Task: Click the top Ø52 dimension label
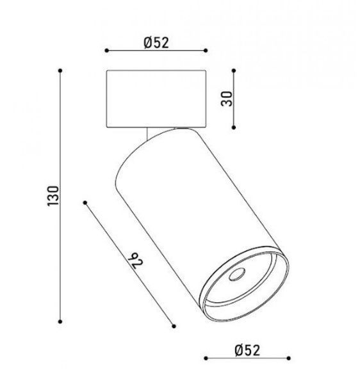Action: coord(156,43)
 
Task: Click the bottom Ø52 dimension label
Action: coord(247,350)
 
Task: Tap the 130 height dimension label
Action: coord(53,196)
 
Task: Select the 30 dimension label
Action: coord(226,99)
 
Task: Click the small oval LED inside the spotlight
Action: coord(237,275)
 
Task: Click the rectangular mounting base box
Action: coord(156,99)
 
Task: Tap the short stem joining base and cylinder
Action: coord(147,134)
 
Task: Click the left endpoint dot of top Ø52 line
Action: coord(106,51)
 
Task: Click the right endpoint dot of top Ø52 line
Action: coord(206,51)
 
